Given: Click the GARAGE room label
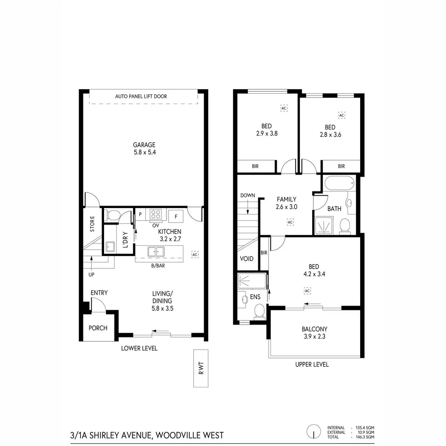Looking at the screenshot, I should [144, 145].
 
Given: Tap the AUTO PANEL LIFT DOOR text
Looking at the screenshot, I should [141, 96].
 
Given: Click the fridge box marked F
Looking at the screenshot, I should [176, 216].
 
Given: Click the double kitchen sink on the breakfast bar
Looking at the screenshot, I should [155, 251].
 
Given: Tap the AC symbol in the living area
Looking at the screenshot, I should [195, 255].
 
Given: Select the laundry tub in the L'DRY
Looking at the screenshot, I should [110, 247].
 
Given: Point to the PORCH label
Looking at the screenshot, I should [98, 328].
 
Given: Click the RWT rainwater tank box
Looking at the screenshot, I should [201, 368].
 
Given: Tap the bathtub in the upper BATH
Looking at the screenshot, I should [339, 183].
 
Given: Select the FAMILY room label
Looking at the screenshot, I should [287, 199].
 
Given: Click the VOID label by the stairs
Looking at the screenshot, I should [247, 259].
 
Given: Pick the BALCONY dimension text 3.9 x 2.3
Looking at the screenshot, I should [314, 337].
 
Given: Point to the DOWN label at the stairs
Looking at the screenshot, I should [247, 195].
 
